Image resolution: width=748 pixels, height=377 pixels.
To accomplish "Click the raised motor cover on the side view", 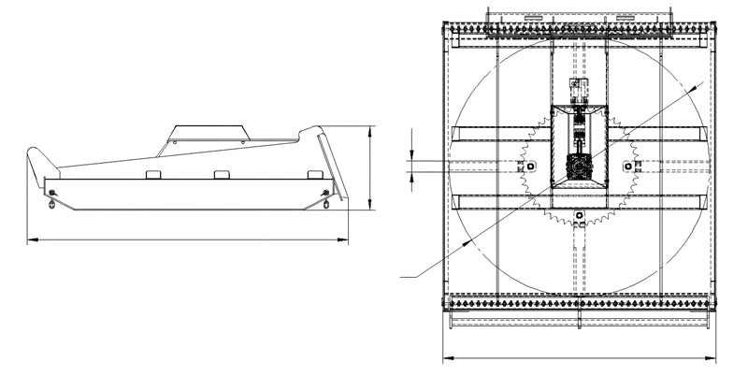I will tap(208, 134).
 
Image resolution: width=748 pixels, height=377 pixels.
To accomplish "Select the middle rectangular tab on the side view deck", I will tap(222, 175).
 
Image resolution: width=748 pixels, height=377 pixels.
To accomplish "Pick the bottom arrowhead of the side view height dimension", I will tap(371, 207).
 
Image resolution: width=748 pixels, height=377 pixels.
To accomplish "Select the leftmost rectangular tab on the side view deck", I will tap(153, 175).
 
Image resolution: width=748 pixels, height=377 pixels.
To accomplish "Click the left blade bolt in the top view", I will tap(530, 166).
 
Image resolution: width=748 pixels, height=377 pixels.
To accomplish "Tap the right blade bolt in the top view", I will tap(628, 166).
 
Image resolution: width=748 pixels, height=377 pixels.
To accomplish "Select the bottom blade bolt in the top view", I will tap(580, 216).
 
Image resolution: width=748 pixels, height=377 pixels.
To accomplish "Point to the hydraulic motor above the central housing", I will tap(580, 93).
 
